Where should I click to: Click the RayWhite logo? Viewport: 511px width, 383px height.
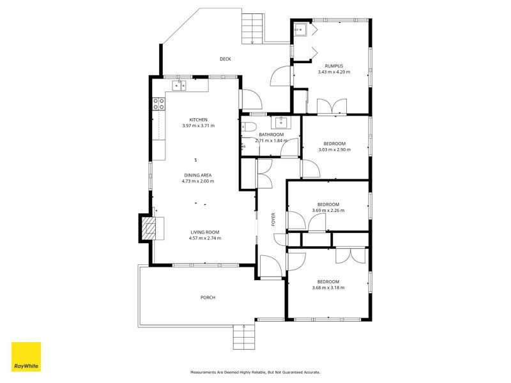tap(26, 357)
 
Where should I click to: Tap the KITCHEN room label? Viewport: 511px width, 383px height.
tap(198, 120)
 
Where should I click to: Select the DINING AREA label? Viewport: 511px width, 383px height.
tap(198, 175)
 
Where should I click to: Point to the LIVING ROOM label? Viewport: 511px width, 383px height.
tap(204, 232)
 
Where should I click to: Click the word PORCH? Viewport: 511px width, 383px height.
tap(208, 297)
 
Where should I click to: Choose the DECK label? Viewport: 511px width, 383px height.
tap(225, 59)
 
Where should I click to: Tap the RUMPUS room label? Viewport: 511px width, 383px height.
tap(334, 66)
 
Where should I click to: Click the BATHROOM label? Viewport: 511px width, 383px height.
tap(271, 135)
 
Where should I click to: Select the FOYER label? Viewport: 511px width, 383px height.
tap(273, 219)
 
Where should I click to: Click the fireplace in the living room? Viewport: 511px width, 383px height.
tap(149, 228)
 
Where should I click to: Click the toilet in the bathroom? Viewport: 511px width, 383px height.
tap(250, 126)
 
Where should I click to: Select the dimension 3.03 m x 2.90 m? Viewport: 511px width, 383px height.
tap(334, 150)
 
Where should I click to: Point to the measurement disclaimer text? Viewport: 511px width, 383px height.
tap(255, 372)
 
